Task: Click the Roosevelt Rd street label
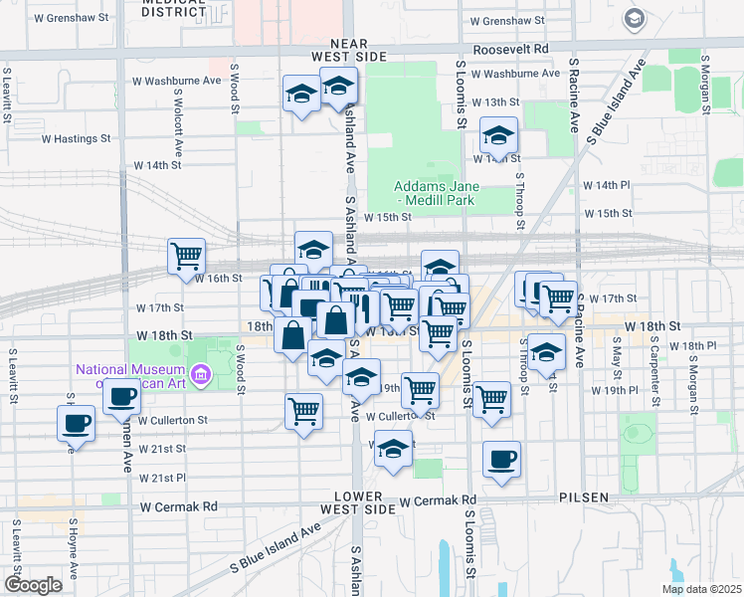pyautogui.click(x=511, y=48)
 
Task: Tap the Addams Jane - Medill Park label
pyautogui.click(x=435, y=193)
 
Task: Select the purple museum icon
pyautogui.click(x=201, y=375)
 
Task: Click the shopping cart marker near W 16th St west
pyautogui.click(x=186, y=257)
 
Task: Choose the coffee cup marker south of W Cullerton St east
pyautogui.click(x=501, y=459)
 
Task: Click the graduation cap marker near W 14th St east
pyautogui.click(x=498, y=134)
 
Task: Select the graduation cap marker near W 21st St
pyautogui.click(x=394, y=449)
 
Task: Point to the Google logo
pyautogui.click(x=33, y=584)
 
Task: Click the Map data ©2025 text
pyautogui.click(x=700, y=589)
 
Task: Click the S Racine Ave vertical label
pyautogui.click(x=575, y=95)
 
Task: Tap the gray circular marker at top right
pyautogui.click(x=634, y=18)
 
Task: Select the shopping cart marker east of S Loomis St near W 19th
pyautogui.click(x=491, y=398)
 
